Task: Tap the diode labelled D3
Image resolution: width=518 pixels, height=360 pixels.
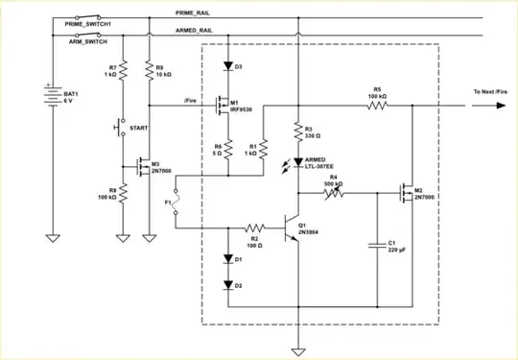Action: tap(227, 66)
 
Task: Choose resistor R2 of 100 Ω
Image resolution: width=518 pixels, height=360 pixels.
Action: tap(255, 228)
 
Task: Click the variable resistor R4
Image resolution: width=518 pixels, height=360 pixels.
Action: tap(334, 192)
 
